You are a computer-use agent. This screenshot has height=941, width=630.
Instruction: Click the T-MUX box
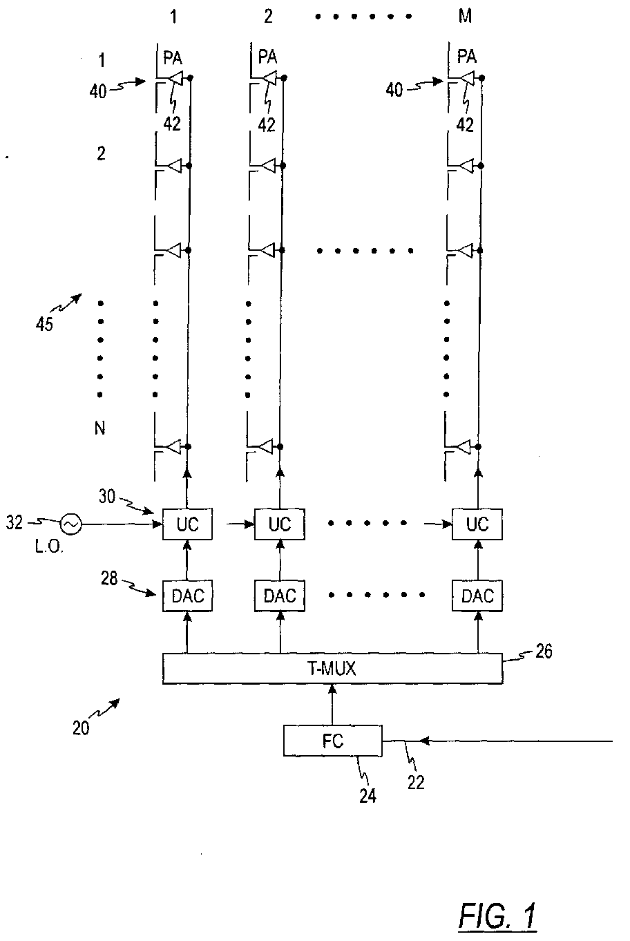coord(332,668)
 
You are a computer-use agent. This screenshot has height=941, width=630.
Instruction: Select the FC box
coord(333,741)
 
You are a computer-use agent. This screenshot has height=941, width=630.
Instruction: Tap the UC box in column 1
coord(187,524)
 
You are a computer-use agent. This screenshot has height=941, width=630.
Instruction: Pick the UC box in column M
coord(477,524)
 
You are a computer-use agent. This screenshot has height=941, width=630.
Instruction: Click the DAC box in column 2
coord(280,596)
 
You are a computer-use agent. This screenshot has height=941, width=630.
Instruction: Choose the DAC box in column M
coord(477,596)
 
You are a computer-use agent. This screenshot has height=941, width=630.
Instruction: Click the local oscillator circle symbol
coord(70,524)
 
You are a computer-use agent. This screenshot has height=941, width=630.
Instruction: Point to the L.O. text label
coord(49,547)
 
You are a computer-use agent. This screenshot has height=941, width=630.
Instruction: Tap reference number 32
coord(15,522)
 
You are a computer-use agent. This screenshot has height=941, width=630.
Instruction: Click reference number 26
coord(544,651)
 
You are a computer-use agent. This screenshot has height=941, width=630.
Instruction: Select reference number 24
coord(367,796)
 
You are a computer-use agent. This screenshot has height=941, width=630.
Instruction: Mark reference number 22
coord(416,782)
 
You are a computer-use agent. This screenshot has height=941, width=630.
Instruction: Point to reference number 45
coord(44,324)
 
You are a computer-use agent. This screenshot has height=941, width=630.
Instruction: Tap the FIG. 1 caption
coord(497,916)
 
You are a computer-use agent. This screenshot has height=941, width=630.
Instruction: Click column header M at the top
coord(465,17)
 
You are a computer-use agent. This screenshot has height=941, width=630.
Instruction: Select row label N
coord(99,428)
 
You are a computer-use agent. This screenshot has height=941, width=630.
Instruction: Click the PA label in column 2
coord(267,57)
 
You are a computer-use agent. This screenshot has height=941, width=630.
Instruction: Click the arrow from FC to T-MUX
coord(332,705)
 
